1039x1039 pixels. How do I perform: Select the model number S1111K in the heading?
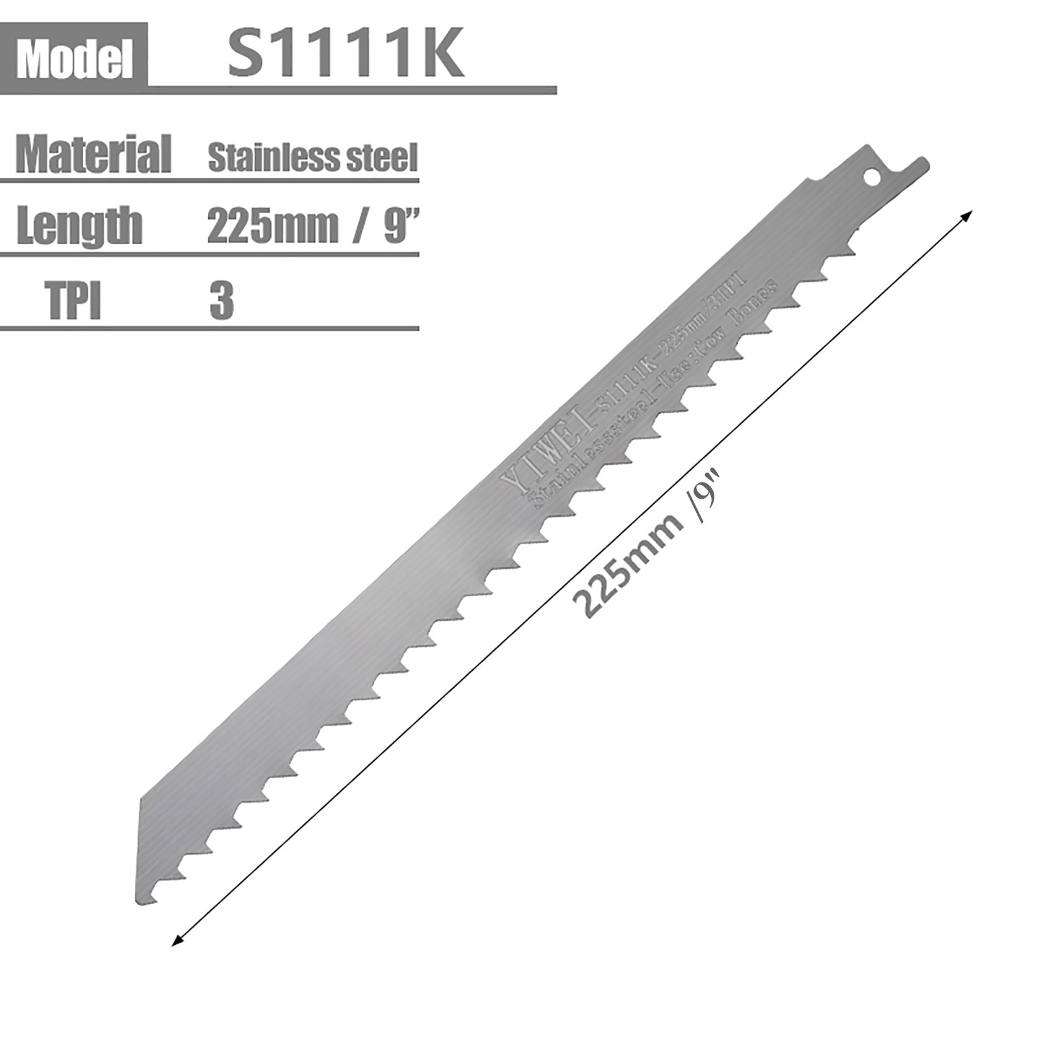coord(345,56)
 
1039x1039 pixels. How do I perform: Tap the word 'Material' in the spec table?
coord(93,155)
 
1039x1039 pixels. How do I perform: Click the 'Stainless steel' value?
coord(312,158)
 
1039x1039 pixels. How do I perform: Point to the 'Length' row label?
coord(79,225)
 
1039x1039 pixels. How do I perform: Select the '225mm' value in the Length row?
coord(273,227)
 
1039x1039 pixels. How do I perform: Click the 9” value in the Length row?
coord(399,225)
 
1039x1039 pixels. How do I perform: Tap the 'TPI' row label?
coord(75,300)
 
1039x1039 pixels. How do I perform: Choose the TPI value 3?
coord(221,301)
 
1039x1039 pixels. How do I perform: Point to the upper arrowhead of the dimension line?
coord(968,216)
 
